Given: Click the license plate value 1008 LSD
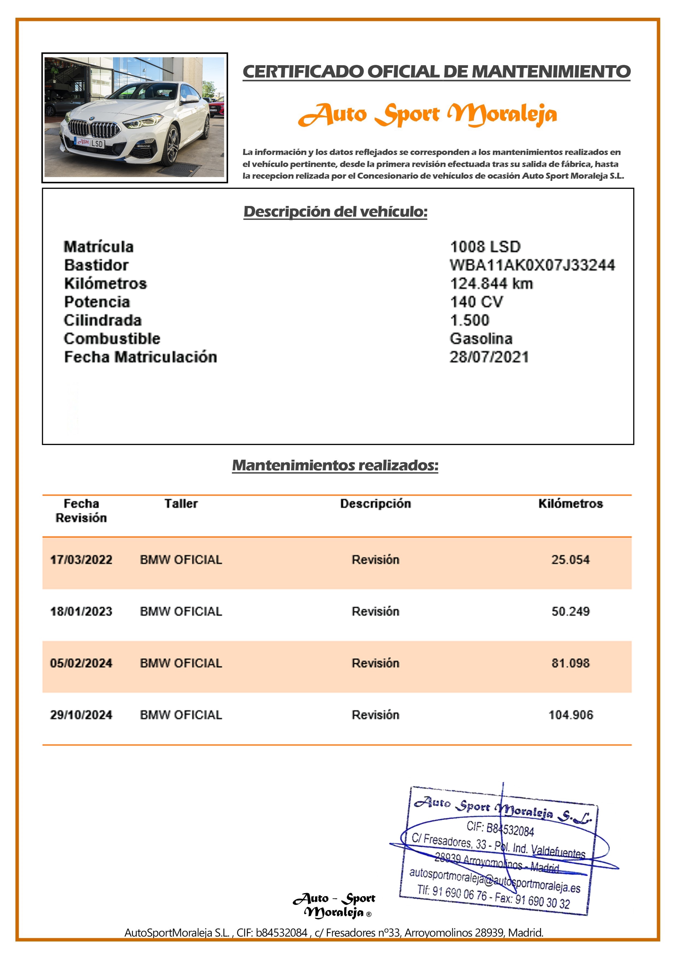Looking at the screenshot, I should [485, 247].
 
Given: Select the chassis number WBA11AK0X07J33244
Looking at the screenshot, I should [532, 265].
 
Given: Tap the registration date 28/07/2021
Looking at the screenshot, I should [489, 357].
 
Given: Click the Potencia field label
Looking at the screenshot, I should [97, 302].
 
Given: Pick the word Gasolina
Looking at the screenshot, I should [481, 339].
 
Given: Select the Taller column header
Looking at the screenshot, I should [181, 504].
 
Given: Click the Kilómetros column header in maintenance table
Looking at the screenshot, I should [570, 504].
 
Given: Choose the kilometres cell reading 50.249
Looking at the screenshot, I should [570, 611].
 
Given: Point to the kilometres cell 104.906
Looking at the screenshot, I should [570, 715].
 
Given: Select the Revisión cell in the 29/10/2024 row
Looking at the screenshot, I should [375, 715].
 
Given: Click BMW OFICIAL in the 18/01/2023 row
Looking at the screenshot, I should [181, 611].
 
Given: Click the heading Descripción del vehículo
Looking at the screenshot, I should [335, 212].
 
